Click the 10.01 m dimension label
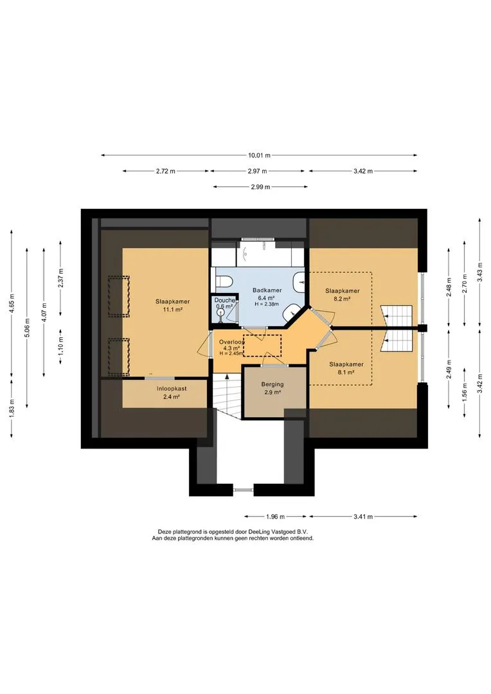point(259,156)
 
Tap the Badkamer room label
point(267,290)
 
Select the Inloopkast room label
point(172,389)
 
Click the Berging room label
point(272,384)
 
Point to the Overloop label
point(231,342)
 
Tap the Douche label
point(224,300)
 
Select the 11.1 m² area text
point(173,310)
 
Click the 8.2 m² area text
point(343,299)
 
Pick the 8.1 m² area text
point(346,372)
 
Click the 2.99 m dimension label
point(260,187)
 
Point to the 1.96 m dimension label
point(275,516)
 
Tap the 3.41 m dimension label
point(363,516)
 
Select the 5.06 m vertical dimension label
point(28,328)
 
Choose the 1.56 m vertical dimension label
point(464,391)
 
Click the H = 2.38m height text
point(267,304)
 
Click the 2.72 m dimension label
point(165,172)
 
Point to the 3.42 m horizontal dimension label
point(363,172)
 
